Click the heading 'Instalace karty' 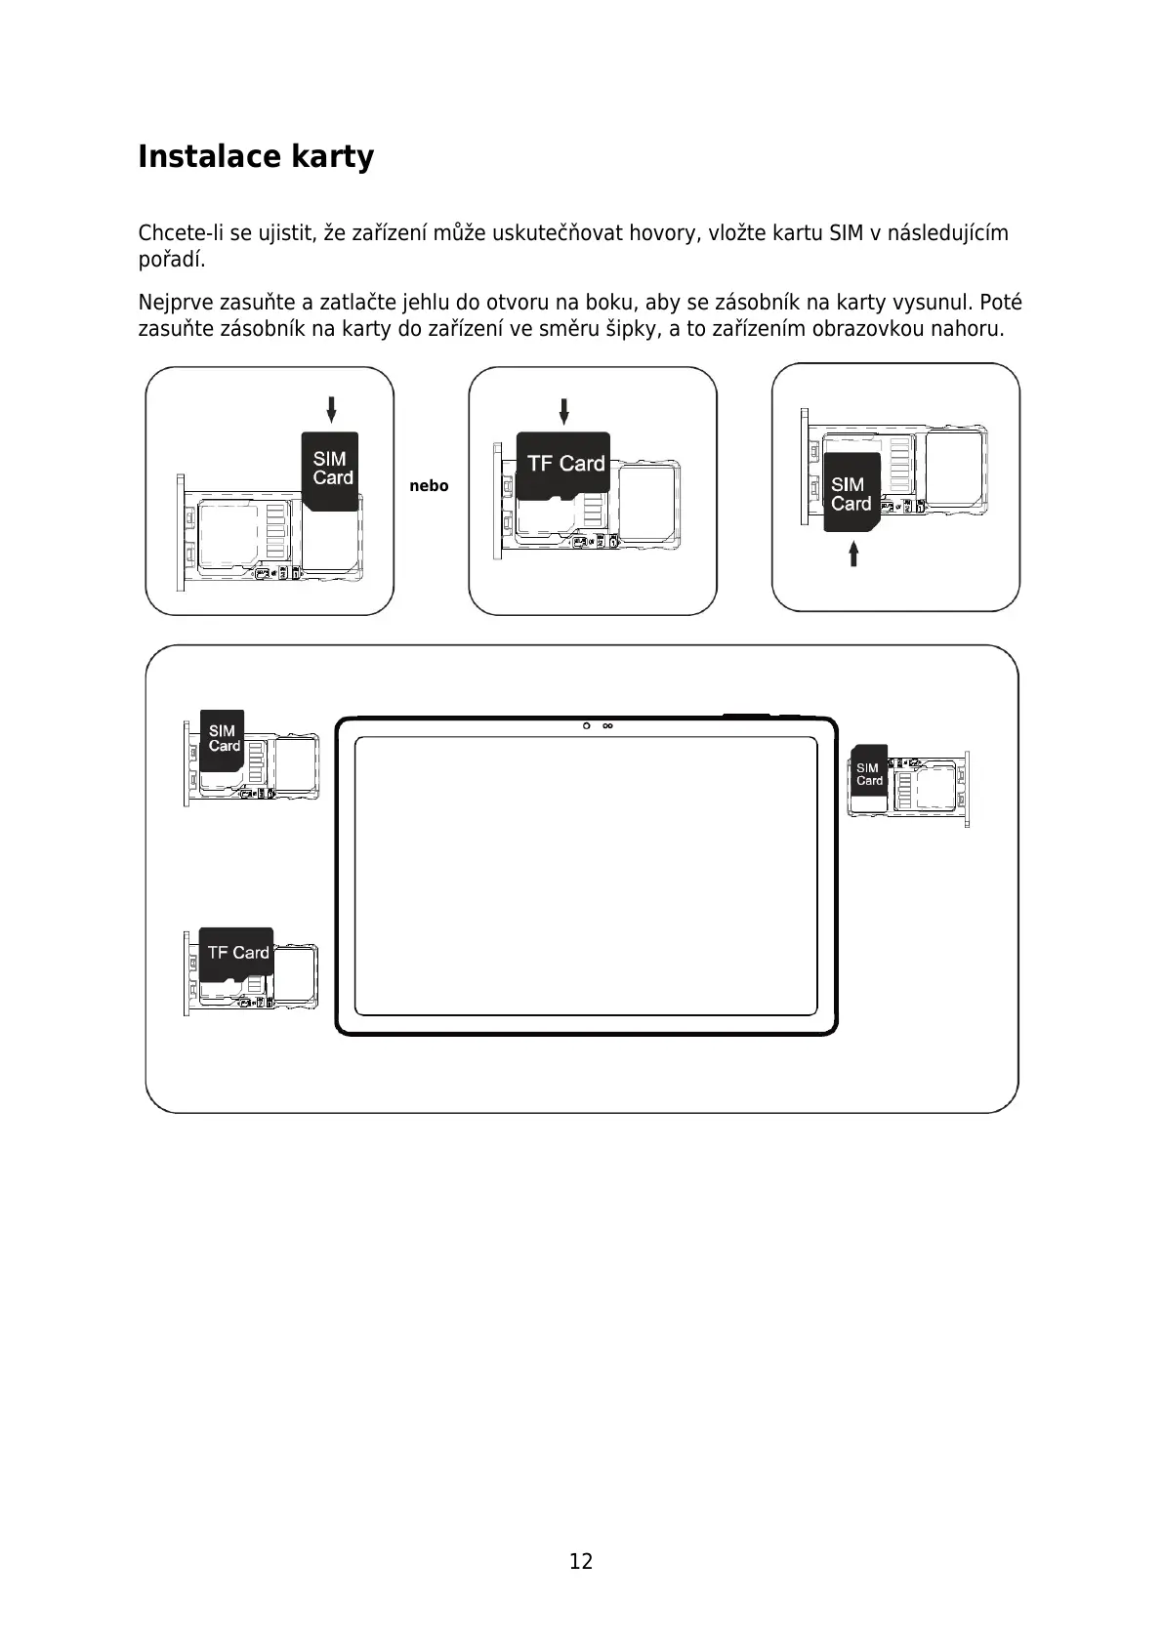point(256,156)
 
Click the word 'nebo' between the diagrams point(429,486)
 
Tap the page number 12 point(581,1561)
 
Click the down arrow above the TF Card point(563,411)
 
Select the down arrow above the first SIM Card point(331,409)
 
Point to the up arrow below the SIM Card point(853,555)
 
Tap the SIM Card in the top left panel point(330,470)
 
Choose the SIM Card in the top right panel point(850,493)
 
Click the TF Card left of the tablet point(236,953)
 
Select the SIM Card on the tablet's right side point(868,774)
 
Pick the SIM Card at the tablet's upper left point(223,738)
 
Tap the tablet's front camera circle point(587,726)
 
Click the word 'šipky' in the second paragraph point(635,329)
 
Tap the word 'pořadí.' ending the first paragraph point(172,260)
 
